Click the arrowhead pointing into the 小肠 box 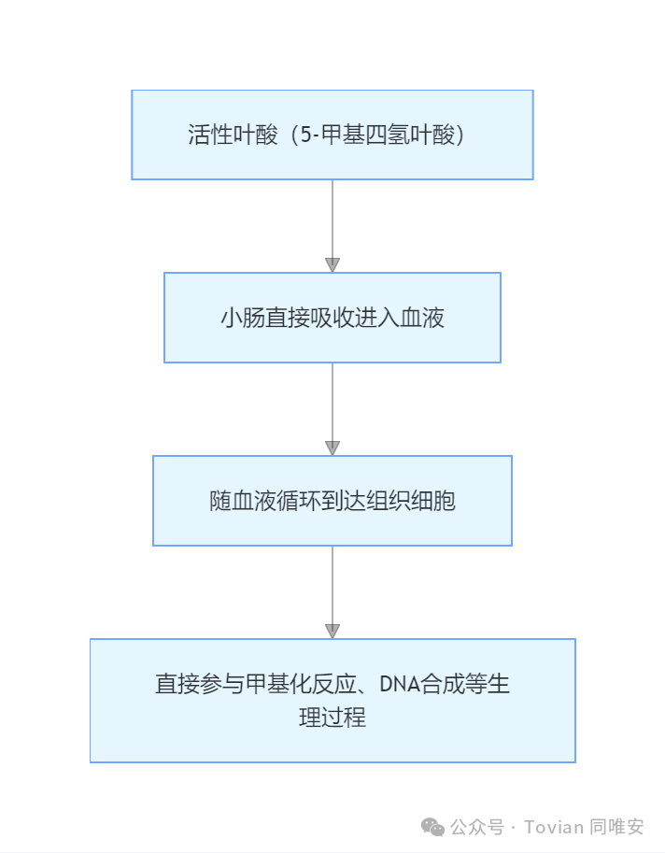click(332, 264)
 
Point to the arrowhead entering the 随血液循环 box click(332, 448)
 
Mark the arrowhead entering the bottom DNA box click(332, 631)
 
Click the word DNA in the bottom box click(398, 685)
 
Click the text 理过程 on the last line click(332, 718)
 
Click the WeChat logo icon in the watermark click(432, 827)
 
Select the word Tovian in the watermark click(554, 827)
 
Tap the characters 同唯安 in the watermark click(617, 827)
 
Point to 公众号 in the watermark click(477, 827)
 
